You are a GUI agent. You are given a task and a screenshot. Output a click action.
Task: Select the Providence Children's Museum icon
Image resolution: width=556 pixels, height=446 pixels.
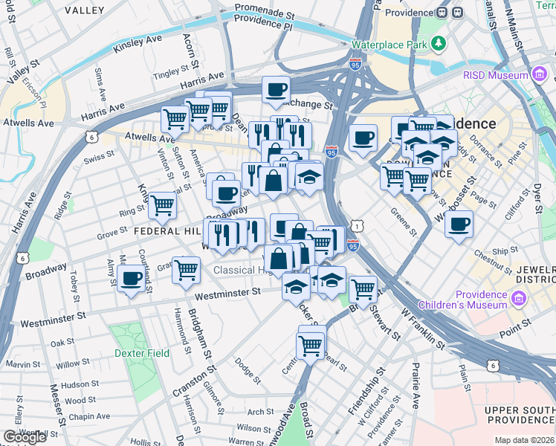(518, 299)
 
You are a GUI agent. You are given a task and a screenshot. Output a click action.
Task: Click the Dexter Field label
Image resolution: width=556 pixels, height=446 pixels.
(142, 353)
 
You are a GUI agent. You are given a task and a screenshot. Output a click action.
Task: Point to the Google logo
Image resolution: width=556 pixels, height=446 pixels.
(25, 437)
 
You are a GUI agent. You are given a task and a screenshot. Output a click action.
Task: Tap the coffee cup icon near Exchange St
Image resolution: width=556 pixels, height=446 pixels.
(277, 90)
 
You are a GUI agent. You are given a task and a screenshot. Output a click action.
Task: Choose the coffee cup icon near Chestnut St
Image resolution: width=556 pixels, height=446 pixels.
(459, 224)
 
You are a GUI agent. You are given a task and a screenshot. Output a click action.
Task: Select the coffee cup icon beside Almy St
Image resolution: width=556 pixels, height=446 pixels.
(132, 279)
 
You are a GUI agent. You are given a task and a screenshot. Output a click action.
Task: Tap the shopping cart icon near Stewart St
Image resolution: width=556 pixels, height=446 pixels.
(363, 288)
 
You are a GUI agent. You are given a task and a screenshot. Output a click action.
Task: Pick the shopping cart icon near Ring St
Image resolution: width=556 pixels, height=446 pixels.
(162, 205)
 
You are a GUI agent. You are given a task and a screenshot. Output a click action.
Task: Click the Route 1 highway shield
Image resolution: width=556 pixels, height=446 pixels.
(359, 224)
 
